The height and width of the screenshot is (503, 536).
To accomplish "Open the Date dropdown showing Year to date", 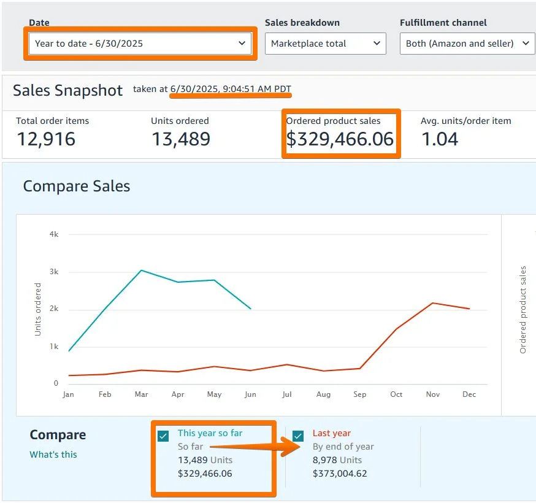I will (x=139, y=44).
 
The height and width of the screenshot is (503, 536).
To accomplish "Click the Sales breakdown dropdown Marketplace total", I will (x=325, y=44).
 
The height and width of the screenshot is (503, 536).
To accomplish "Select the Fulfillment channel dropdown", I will (x=467, y=44).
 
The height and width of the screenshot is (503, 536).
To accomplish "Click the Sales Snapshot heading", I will (x=68, y=90).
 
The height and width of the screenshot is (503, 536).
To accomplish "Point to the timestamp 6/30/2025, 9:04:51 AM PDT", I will (x=231, y=89).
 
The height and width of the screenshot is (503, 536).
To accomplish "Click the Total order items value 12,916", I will (x=46, y=139).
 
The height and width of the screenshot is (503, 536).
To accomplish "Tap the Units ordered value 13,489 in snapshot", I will (x=180, y=139).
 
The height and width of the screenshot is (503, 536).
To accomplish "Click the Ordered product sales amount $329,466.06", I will (x=340, y=139).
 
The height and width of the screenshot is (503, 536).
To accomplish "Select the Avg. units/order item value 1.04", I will (x=440, y=139).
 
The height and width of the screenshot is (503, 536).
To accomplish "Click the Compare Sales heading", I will (x=77, y=186).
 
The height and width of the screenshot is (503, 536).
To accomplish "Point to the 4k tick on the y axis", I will (x=53, y=234).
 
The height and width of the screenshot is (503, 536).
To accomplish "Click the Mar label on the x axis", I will (x=141, y=394).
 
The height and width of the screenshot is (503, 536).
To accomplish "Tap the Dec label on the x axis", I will (x=469, y=394).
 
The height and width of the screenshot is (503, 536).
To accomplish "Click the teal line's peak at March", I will (x=141, y=271).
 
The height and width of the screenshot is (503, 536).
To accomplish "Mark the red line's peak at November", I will (x=433, y=303).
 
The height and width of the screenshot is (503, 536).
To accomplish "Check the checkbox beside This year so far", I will (x=163, y=436).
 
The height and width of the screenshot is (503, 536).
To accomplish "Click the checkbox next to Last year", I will (x=298, y=436).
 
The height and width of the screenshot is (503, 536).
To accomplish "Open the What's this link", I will (x=53, y=455).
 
